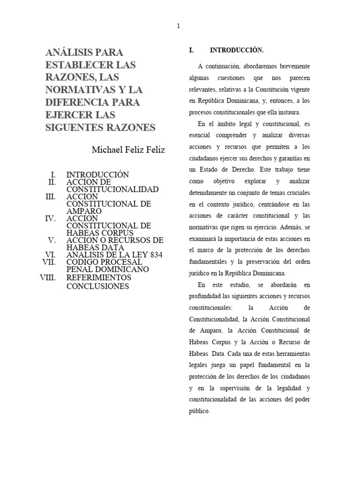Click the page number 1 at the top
[178, 26]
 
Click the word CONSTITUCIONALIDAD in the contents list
[112, 189]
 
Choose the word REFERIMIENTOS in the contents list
[98, 277]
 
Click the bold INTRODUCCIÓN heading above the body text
[237, 50]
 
